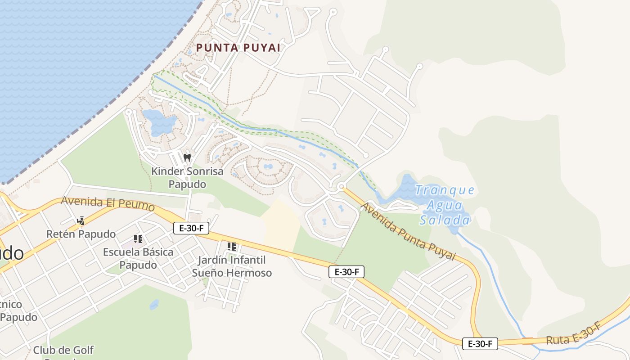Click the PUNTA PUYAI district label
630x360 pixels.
click(238, 48)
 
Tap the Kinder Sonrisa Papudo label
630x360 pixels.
click(187, 178)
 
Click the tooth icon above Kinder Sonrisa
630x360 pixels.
click(187, 157)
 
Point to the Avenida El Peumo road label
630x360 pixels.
click(108, 203)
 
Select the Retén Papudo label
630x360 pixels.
click(81, 234)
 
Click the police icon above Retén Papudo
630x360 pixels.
click(81, 220)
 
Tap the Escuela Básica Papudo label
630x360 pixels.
click(138, 258)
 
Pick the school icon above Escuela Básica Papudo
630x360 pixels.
click(138, 238)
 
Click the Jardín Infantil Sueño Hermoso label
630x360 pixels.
click(232, 266)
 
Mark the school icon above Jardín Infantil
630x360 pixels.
click(232, 246)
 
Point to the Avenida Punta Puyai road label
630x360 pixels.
click(409, 232)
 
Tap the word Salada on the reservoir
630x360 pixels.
click(445, 220)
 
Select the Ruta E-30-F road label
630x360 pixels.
click(574, 334)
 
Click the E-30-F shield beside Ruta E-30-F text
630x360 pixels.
click(480, 344)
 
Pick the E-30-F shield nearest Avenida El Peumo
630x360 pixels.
click(191, 228)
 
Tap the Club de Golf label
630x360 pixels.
click(63, 350)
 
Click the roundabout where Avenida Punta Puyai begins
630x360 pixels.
click(341, 186)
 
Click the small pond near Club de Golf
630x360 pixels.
click(154, 305)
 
